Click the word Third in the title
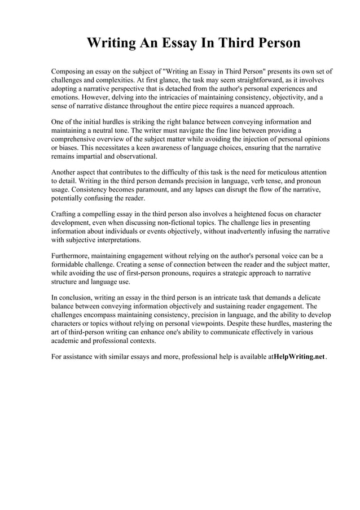(220, 43)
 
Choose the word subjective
(85, 239)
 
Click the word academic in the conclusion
(67, 340)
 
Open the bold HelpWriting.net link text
(299, 357)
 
